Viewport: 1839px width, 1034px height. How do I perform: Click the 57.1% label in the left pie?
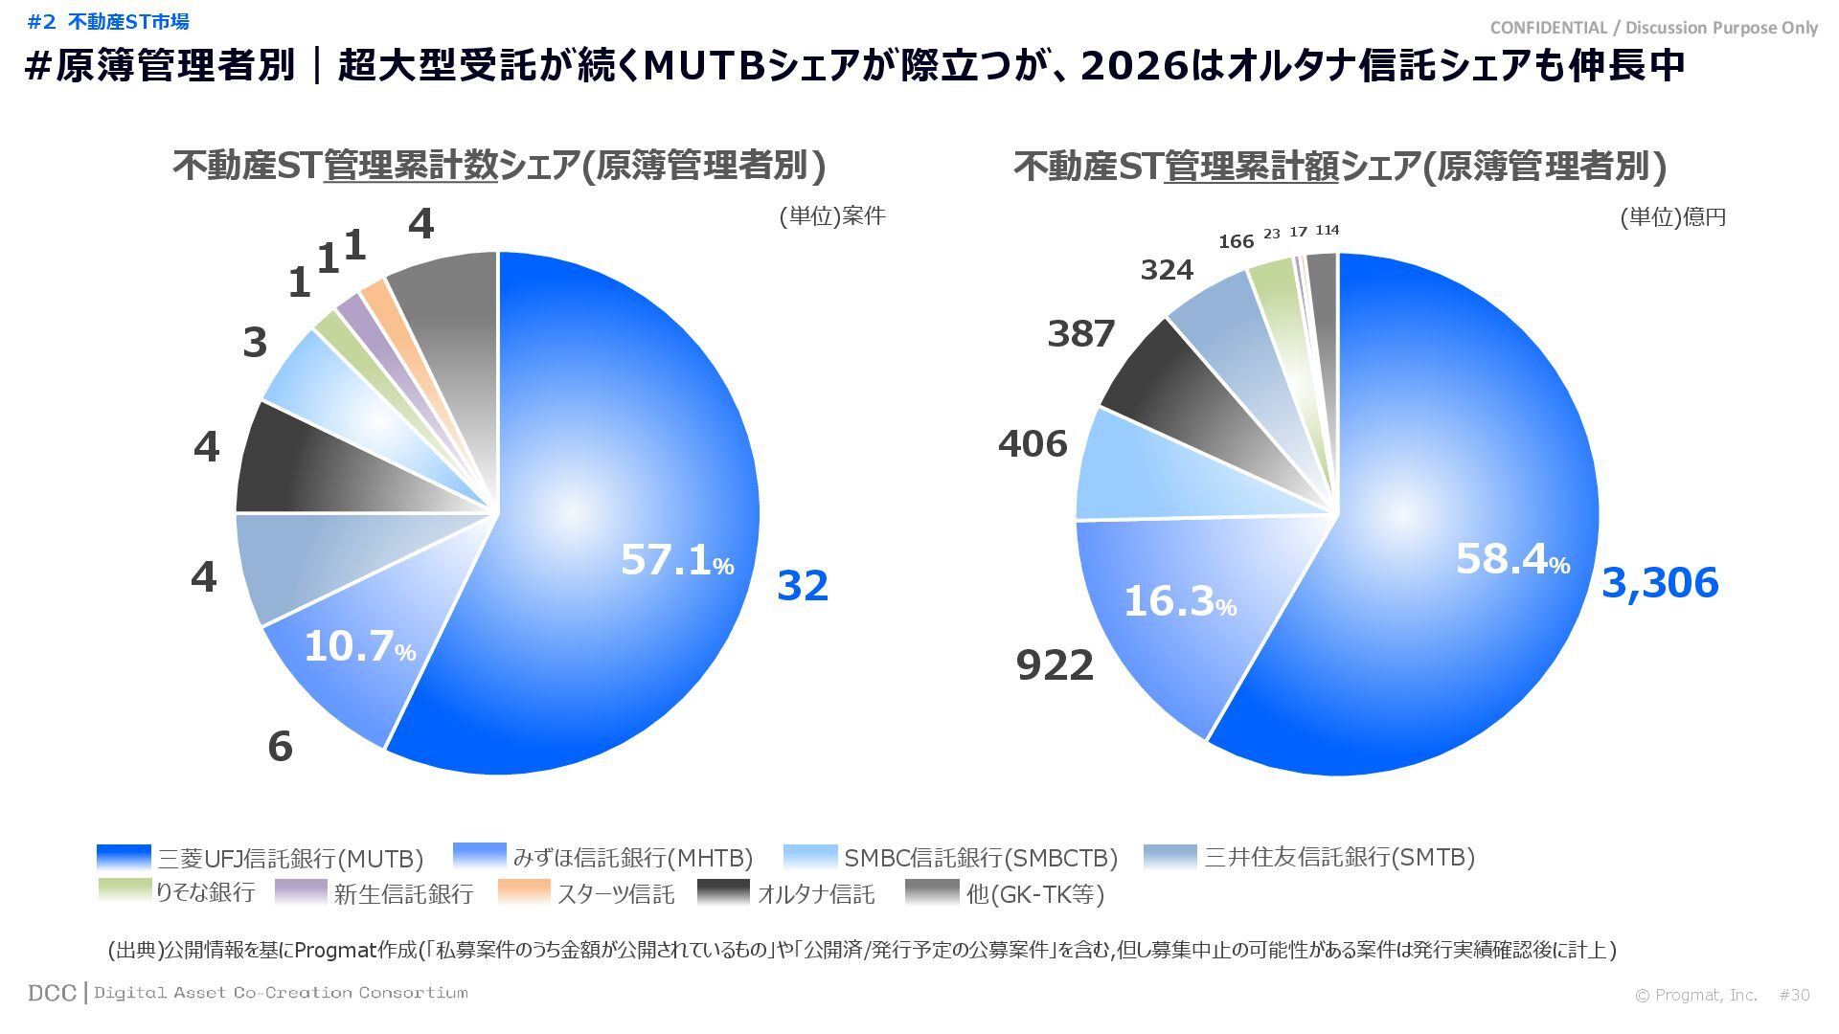(x=676, y=560)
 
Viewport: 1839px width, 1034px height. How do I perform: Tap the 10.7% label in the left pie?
(x=359, y=647)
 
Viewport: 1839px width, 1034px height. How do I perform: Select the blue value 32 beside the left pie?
(x=802, y=586)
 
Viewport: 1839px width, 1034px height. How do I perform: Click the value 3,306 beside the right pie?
(x=1659, y=583)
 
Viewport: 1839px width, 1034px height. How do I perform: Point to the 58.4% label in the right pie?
(x=1511, y=559)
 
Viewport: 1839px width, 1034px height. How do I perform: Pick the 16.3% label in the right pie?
(x=1179, y=602)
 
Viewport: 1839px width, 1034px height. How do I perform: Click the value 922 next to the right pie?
(x=1055, y=665)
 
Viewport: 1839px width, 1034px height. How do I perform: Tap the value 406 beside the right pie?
(x=1033, y=444)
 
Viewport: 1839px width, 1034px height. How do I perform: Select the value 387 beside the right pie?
(x=1080, y=334)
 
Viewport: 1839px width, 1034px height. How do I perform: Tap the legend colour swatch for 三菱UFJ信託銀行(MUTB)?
(x=125, y=857)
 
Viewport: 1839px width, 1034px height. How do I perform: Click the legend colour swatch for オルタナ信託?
(x=724, y=892)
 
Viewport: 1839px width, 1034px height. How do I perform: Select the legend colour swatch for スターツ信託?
(x=525, y=892)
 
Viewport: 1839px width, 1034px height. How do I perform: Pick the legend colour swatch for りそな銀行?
(x=125, y=890)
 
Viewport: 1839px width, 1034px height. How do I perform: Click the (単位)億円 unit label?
(x=1672, y=217)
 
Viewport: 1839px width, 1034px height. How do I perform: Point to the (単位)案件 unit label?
(x=831, y=216)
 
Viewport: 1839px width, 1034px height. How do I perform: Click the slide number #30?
(x=1794, y=995)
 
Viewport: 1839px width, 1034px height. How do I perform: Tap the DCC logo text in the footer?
(x=52, y=993)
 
